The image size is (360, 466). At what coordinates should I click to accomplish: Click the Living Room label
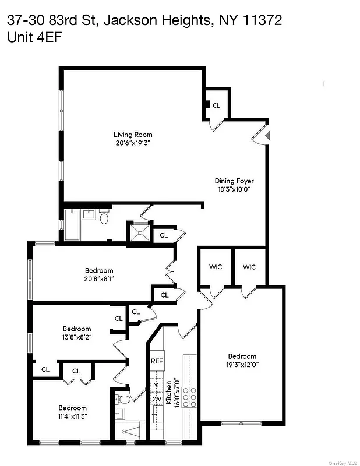click(133, 135)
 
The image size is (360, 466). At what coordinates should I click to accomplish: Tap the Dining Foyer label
click(234, 181)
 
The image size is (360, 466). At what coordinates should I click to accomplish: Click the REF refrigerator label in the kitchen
click(157, 361)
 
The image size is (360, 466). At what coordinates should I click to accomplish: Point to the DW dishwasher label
click(156, 400)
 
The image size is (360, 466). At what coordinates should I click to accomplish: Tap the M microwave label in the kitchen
click(156, 385)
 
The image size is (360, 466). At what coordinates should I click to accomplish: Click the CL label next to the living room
click(216, 105)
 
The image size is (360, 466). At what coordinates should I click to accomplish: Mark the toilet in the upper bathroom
click(104, 218)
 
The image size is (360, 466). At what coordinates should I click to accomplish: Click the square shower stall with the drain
click(140, 232)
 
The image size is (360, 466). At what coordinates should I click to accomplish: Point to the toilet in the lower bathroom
click(123, 400)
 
